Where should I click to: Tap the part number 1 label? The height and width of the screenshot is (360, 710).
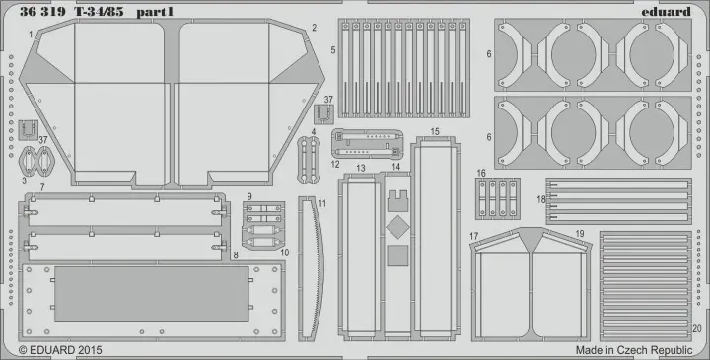[x=31, y=34]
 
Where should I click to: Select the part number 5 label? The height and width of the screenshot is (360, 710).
[x=333, y=49]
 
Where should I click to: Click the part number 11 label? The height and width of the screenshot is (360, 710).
[x=321, y=203]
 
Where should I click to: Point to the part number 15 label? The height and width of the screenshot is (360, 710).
[x=435, y=131]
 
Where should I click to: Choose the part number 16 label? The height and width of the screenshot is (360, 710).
[x=481, y=173]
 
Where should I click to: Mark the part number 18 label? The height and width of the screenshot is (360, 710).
[x=541, y=200]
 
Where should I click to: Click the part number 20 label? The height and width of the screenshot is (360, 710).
[x=697, y=329]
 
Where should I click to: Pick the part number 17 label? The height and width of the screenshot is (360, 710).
[x=473, y=236]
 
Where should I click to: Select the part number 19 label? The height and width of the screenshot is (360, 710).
[x=580, y=234]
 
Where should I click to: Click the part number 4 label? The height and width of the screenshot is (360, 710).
[x=313, y=131]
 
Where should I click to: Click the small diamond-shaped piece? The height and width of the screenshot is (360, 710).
[x=394, y=226]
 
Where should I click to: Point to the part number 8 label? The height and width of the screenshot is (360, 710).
[x=236, y=253]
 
